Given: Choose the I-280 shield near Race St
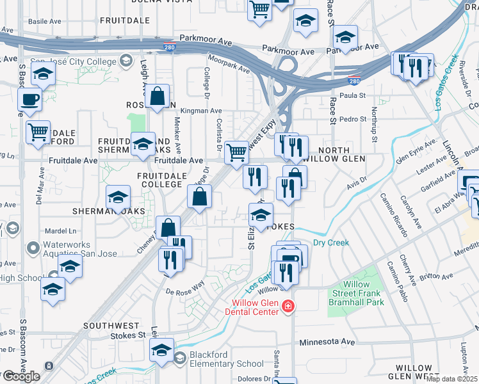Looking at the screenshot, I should (354, 81).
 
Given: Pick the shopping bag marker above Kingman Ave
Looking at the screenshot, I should (157, 97).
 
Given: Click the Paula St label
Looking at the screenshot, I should (352, 95).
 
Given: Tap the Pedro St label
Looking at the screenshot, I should (352, 119).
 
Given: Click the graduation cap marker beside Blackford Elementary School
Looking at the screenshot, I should (161, 351).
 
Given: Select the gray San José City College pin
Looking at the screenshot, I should (126, 61).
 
